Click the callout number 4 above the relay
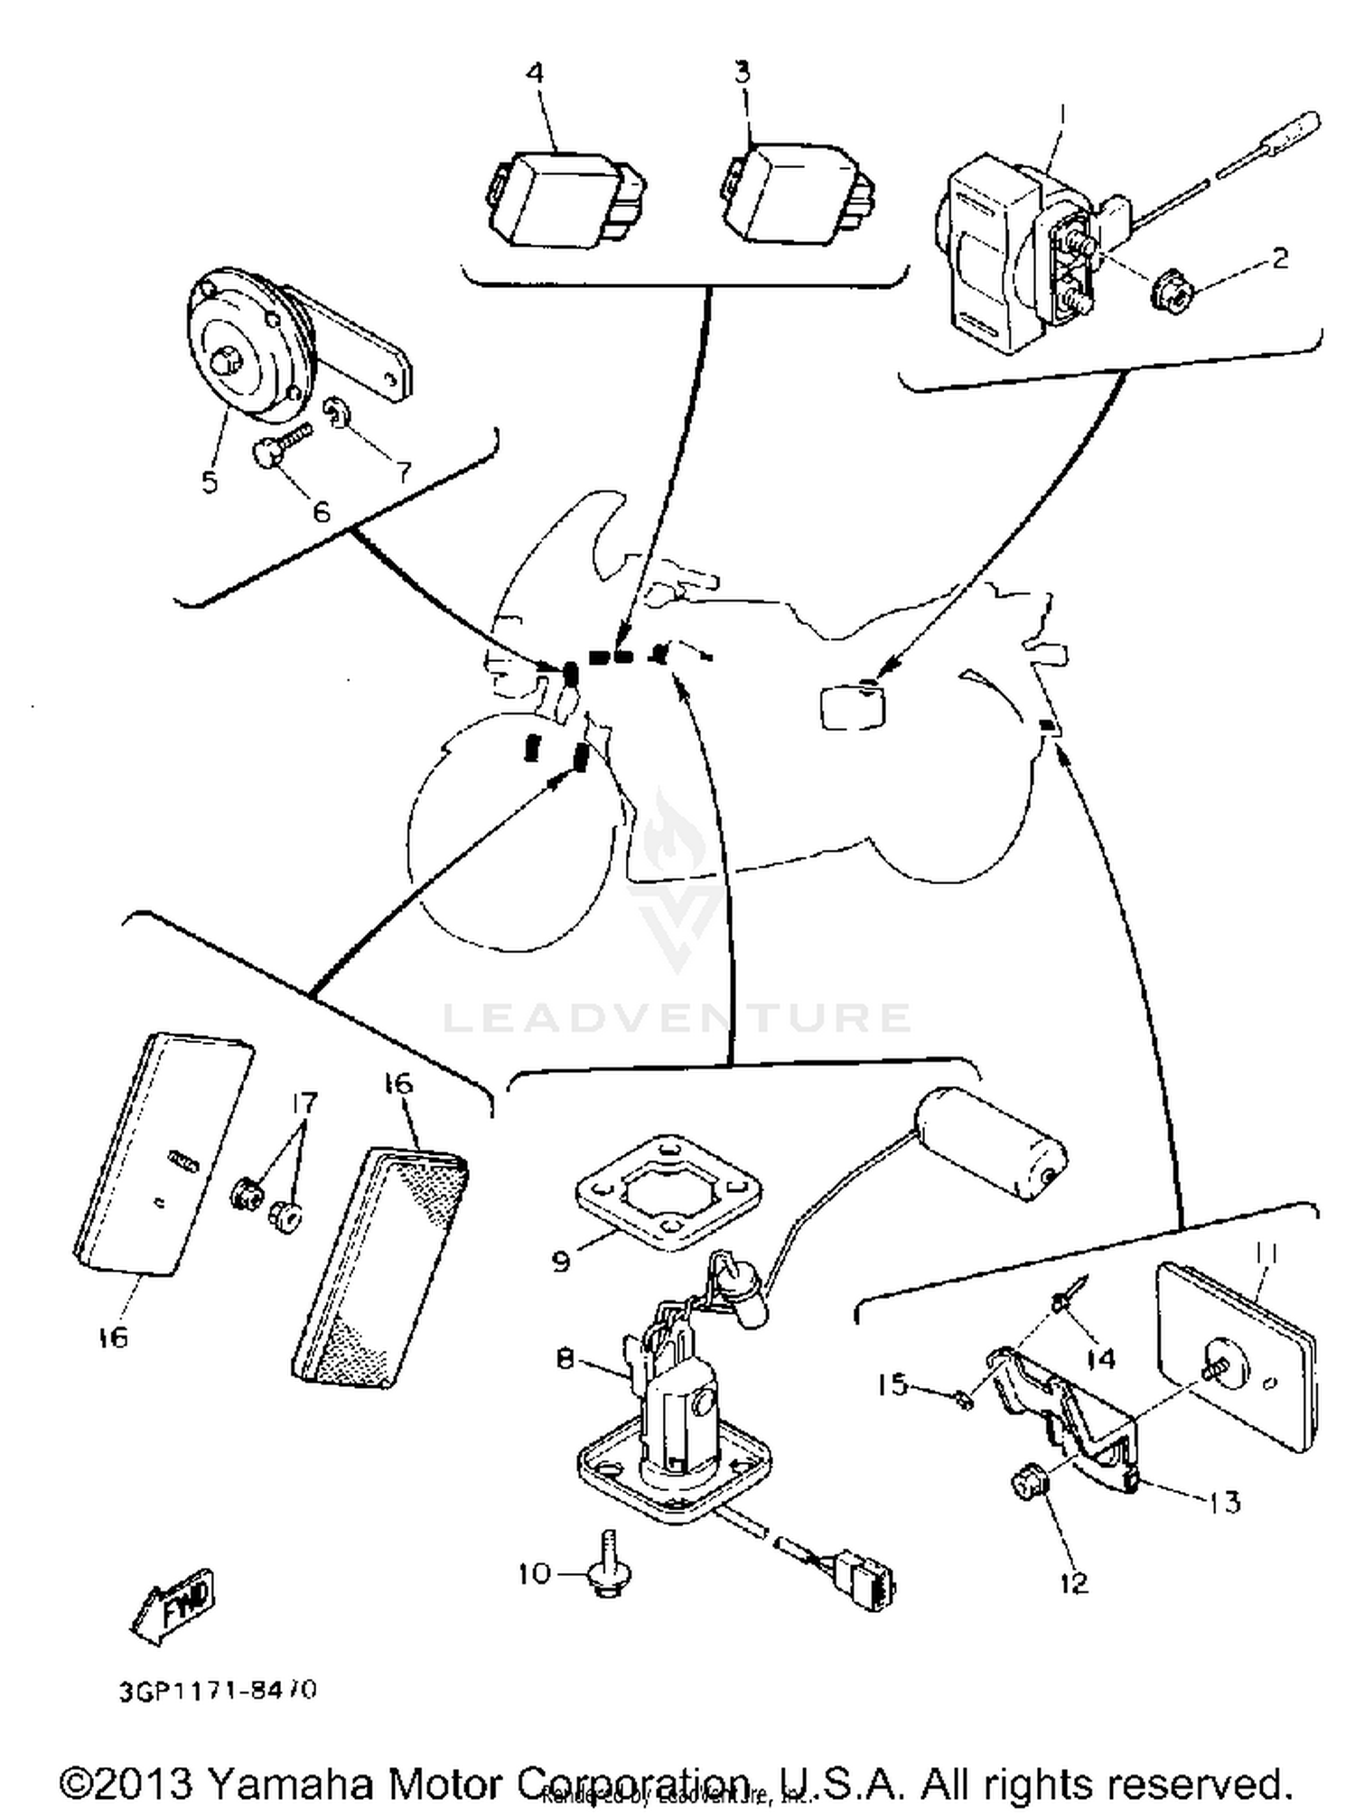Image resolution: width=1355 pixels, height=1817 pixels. pos(535,72)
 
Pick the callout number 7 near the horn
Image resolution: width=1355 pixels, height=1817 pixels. pos(402,471)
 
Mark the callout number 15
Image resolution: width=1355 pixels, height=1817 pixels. pos(893,1384)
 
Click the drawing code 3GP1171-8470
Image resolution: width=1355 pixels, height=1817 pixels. pos(217,1690)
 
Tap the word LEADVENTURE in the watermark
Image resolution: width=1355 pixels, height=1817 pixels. pos(677,1018)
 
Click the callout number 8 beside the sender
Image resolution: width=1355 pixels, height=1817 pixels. pos(565,1358)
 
